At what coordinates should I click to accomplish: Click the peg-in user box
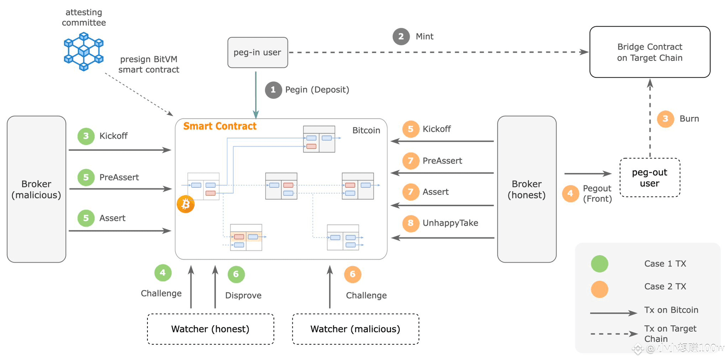pos(258,52)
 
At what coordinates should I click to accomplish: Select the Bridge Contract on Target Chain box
pos(650,52)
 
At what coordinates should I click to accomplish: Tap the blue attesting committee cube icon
pos(83,51)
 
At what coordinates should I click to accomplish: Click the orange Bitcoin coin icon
pos(186,204)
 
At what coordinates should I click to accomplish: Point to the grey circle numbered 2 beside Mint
pos(401,37)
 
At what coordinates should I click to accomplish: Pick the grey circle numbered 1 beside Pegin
pos(273,90)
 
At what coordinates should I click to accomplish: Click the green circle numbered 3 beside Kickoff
pos(86,136)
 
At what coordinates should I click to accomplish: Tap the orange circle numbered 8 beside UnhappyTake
pos(411,223)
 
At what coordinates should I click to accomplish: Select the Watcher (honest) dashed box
pos(210,329)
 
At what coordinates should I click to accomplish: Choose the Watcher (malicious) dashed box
pos(356,329)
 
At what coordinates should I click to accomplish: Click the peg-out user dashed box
pos(650,177)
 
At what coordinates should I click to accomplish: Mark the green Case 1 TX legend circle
pos(600,263)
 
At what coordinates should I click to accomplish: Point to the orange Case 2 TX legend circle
pos(600,289)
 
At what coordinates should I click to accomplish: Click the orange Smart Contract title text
pos(220,126)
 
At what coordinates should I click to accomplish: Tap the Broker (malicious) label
pos(37,190)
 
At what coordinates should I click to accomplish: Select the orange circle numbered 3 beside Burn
pos(665,119)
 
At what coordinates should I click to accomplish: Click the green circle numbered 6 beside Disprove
pos(236,274)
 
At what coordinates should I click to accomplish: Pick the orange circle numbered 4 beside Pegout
pos(571,193)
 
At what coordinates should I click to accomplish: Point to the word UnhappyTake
pos(450,223)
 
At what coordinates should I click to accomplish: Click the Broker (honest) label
pos(527,190)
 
